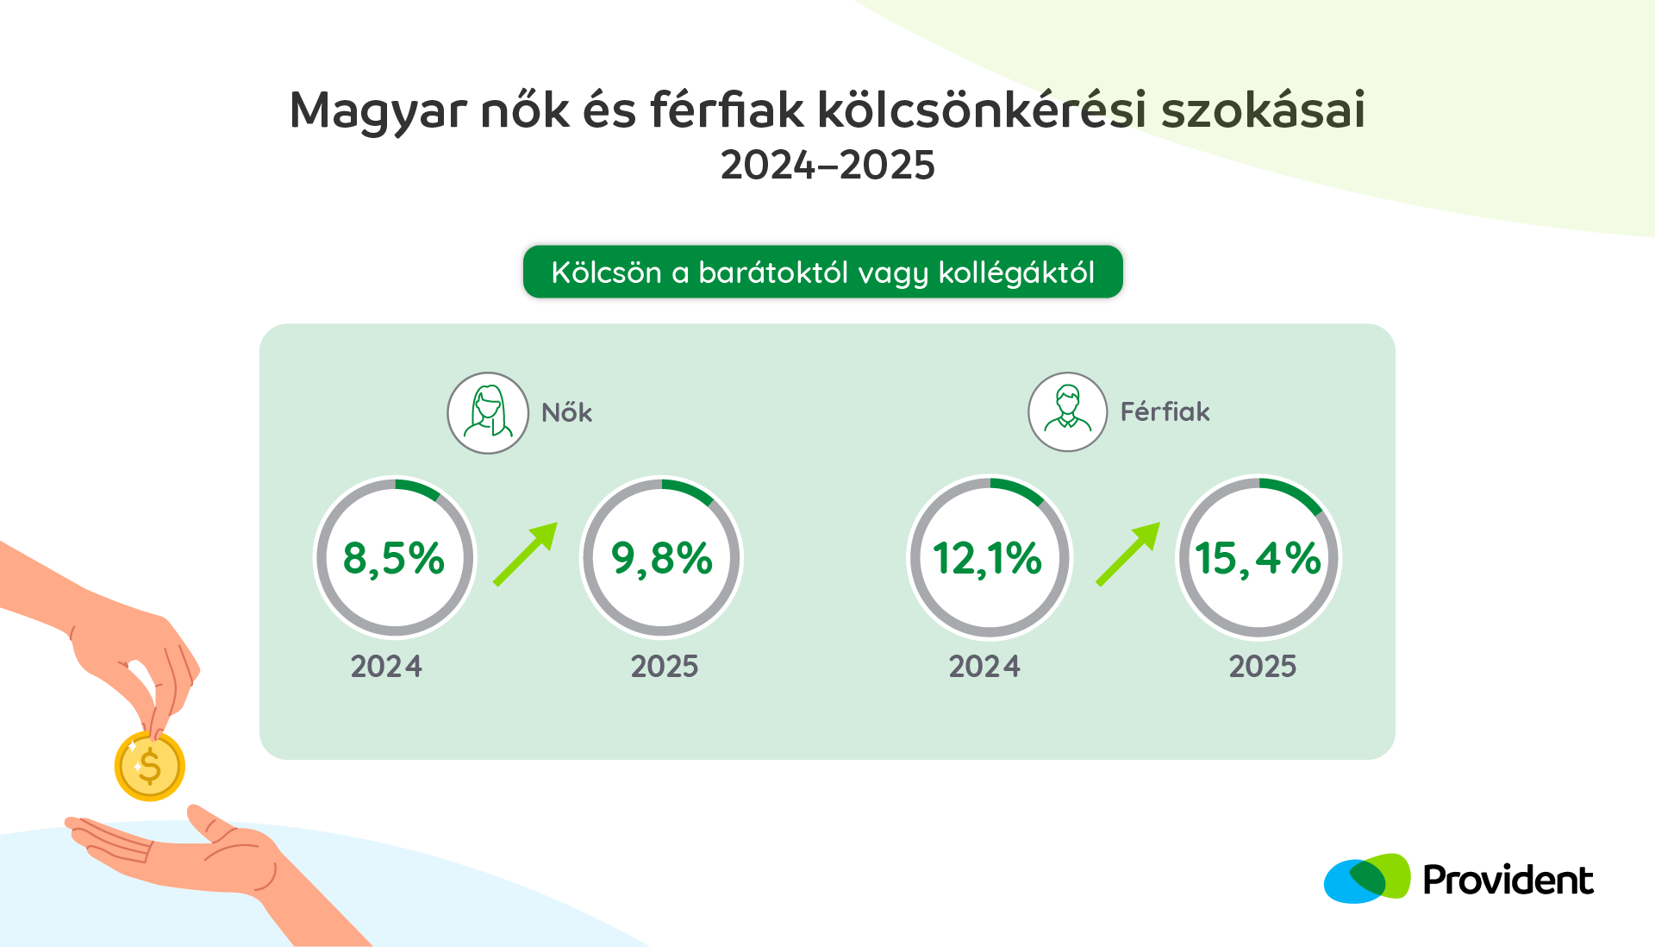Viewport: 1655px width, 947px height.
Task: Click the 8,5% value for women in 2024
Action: tap(394, 559)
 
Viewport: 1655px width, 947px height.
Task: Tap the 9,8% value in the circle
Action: tap(662, 559)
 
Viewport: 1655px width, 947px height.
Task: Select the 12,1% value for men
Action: tap(988, 559)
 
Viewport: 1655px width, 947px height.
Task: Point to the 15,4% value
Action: tap(1258, 559)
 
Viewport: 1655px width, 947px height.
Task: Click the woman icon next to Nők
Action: tap(488, 413)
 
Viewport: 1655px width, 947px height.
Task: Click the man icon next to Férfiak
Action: tap(1068, 411)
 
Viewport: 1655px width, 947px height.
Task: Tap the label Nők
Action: tap(566, 412)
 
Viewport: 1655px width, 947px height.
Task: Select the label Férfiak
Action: tap(1165, 411)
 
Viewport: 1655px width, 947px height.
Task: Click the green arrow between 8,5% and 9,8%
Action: tap(526, 555)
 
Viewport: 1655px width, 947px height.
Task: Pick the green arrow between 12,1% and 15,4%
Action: tap(1128, 555)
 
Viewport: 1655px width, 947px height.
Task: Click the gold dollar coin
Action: tap(150, 766)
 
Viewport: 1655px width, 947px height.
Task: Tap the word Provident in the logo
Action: tap(1508, 881)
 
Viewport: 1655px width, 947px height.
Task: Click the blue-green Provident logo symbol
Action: tap(1367, 879)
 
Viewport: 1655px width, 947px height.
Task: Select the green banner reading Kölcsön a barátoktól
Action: tap(823, 272)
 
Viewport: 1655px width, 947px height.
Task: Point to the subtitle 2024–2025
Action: tap(827, 165)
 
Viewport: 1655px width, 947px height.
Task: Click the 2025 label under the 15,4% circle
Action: tap(1263, 667)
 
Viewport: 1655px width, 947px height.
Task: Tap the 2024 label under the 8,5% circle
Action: tap(386, 667)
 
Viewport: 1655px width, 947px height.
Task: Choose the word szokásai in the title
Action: tap(1263, 110)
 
